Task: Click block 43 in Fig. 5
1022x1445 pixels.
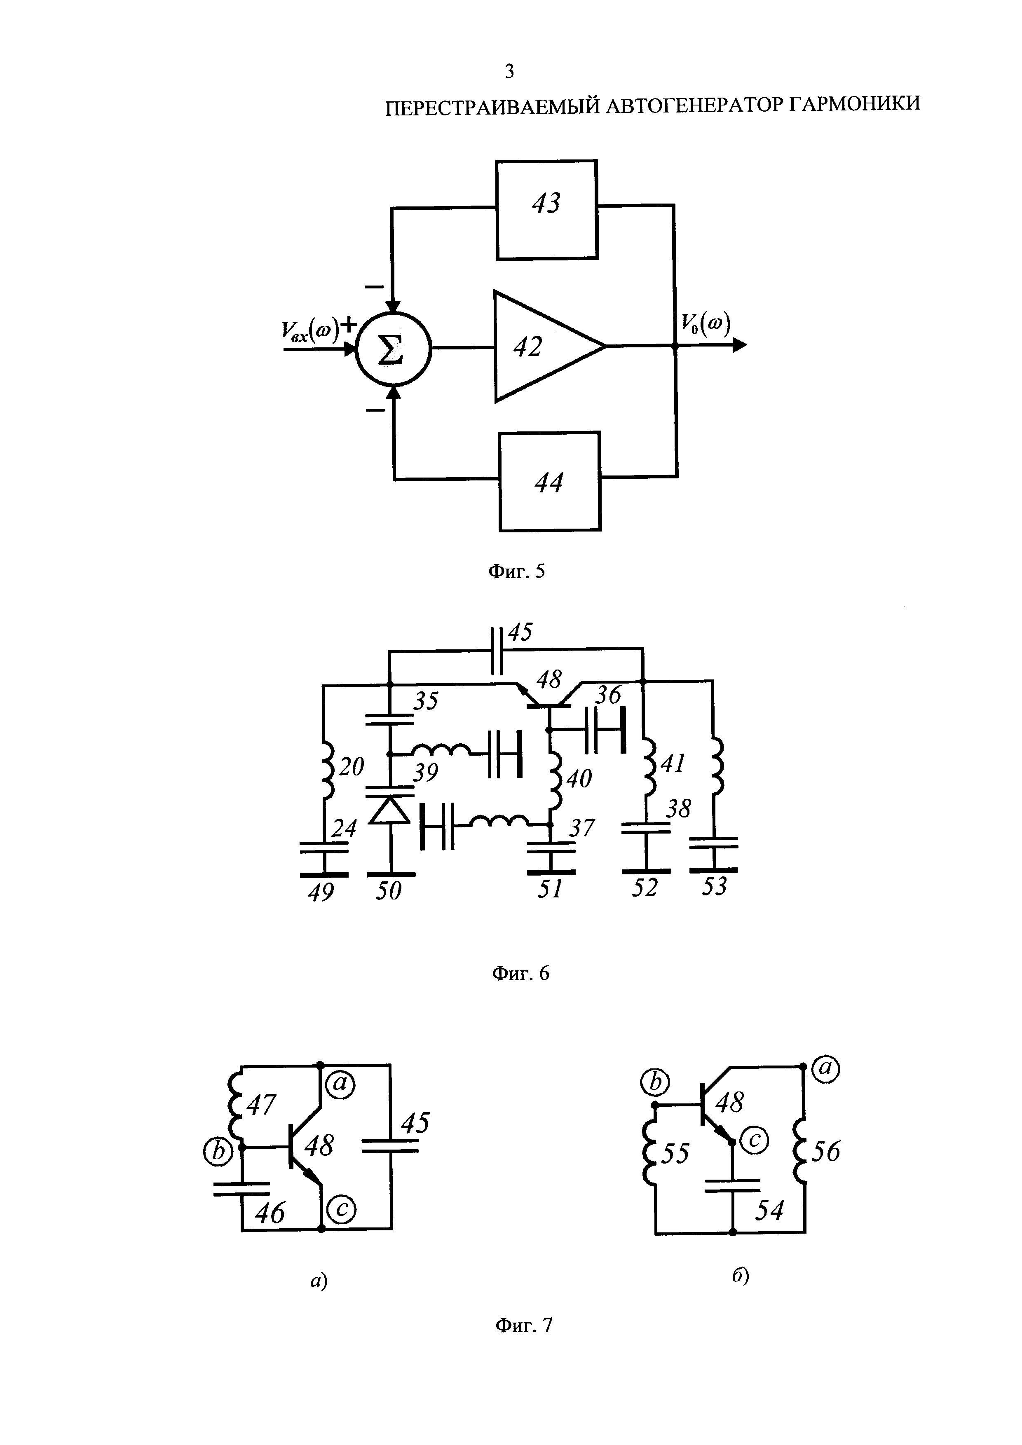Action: pyautogui.click(x=546, y=210)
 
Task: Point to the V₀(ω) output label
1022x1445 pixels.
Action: pyautogui.click(x=704, y=325)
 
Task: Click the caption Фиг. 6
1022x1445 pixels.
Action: pyautogui.click(x=520, y=974)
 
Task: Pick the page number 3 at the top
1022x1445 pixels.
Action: pyautogui.click(x=509, y=72)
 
